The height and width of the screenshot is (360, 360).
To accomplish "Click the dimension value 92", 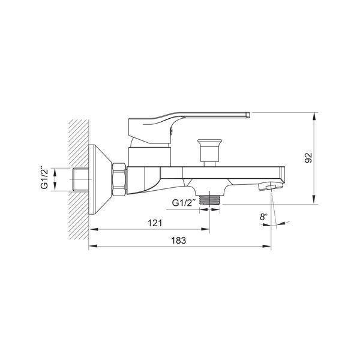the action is click(x=308, y=158).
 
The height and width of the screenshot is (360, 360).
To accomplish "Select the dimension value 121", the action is click(x=155, y=223).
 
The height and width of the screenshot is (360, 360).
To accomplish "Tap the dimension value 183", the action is click(x=179, y=241).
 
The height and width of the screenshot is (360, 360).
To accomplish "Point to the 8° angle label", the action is click(x=263, y=217).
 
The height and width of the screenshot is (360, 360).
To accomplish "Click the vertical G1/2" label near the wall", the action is click(x=44, y=178).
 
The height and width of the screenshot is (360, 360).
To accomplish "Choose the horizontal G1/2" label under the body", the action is click(x=184, y=203).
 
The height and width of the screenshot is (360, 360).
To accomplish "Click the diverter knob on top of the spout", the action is click(x=209, y=152).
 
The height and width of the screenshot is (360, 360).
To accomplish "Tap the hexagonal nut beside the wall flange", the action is click(x=119, y=179).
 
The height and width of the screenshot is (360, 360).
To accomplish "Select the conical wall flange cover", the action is click(x=100, y=179).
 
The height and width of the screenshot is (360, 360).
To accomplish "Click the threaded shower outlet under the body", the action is click(x=210, y=200).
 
